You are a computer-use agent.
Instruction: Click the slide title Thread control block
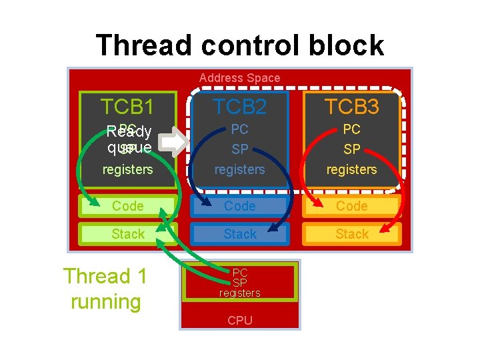coord(240,45)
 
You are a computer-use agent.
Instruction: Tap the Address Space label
coord(240,78)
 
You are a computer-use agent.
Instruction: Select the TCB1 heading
coord(127,107)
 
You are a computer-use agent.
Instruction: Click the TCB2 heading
coord(240,107)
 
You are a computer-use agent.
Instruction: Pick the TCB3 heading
coord(352,107)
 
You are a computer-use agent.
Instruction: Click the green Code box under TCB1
coord(127,207)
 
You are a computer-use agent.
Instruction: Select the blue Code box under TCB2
coord(240,207)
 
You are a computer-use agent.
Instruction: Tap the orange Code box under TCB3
coord(352,207)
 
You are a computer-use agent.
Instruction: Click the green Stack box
coord(127,234)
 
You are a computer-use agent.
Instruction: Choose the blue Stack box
coord(240,234)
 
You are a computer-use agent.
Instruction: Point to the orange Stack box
coord(352,234)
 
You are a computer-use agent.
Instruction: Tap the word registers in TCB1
coord(127,170)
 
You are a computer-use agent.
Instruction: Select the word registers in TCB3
coord(352,170)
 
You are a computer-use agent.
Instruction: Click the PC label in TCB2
coord(240,129)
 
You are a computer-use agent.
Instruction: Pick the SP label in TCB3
coord(352,149)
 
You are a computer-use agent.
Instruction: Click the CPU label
coord(240,321)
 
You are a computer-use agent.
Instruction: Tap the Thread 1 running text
coord(105,289)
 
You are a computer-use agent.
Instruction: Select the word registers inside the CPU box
coord(240,293)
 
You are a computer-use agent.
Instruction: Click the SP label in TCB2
coord(240,149)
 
